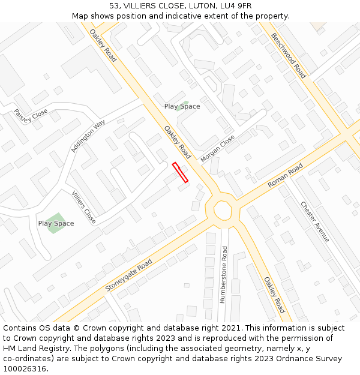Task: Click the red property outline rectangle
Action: pos(180,172)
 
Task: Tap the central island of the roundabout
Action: pos(223,210)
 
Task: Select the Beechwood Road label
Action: pos(288,56)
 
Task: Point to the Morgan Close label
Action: pos(218,145)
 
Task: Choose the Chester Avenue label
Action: pos(315,221)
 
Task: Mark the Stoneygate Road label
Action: pos(129,275)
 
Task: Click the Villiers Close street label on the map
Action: pos(83,208)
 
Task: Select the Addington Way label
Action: pos(88,136)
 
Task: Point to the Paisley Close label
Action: pos(31,114)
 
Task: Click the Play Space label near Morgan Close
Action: pos(182,107)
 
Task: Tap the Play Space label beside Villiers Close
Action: pos(56,224)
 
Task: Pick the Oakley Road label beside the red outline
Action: pos(178,142)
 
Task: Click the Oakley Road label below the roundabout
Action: pos(274,295)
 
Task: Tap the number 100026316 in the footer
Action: pos(25,369)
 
